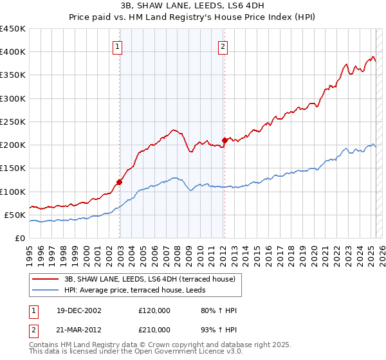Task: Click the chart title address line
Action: point(192,5)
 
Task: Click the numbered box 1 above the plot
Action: point(119,46)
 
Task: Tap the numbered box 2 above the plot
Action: point(223,46)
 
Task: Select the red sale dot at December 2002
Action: point(120,182)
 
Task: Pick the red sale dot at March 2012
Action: point(225,140)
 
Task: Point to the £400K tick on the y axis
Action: point(13,52)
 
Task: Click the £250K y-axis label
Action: point(13,122)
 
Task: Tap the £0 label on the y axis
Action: point(19,238)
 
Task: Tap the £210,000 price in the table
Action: point(154,330)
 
